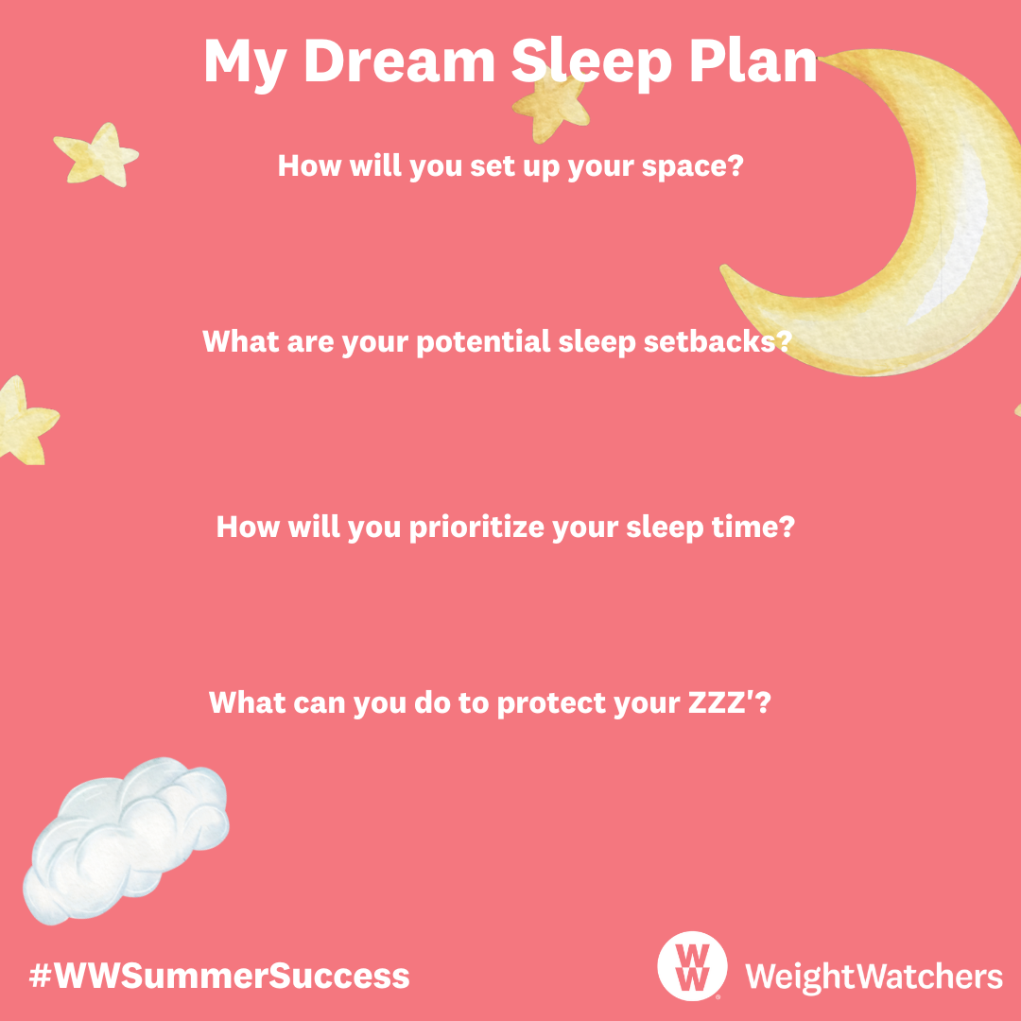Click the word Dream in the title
pyautogui.click(x=399, y=61)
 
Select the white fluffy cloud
pyautogui.click(x=126, y=840)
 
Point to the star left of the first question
pyautogui.click(x=97, y=155)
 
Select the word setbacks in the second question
pyautogui.click(x=718, y=341)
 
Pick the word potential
pyautogui.click(x=483, y=342)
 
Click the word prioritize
pyautogui.click(x=476, y=527)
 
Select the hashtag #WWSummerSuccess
pyautogui.click(x=219, y=976)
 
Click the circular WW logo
pyautogui.click(x=692, y=965)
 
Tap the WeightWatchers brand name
pyautogui.click(x=874, y=976)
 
